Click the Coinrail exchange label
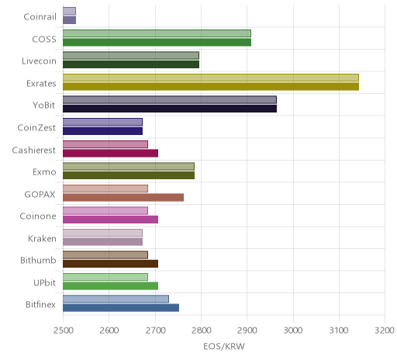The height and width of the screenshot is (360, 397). pyautogui.click(x=40, y=17)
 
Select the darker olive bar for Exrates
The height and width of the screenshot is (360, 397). pyautogui.click(x=211, y=87)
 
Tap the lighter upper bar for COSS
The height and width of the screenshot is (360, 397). pyautogui.click(x=157, y=33)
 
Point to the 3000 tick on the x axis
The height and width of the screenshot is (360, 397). pyautogui.click(x=293, y=331)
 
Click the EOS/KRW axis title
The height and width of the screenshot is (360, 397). pyautogui.click(x=224, y=346)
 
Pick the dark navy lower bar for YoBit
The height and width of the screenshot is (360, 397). pyautogui.click(x=170, y=109)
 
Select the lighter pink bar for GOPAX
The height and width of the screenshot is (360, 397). pyautogui.click(x=105, y=189)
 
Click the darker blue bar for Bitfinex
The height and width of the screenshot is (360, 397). pyautogui.click(x=121, y=308)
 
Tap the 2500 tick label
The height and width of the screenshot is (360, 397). pyautogui.click(x=63, y=331)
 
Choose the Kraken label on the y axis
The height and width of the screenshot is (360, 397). pyautogui.click(x=42, y=238)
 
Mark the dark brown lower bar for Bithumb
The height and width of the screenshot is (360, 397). pyautogui.click(x=111, y=264)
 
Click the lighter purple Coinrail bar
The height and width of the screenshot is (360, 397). pyautogui.click(x=69, y=11)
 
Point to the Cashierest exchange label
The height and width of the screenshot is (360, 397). pyautogui.click(x=34, y=150)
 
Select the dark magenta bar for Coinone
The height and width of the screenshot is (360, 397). pyautogui.click(x=111, y=220)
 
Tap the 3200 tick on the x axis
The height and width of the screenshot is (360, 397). pyautogui.click(x=385, y=331)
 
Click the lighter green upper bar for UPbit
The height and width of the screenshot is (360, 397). pyautogui.click(x=105, y=277)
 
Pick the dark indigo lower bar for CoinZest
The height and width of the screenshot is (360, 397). pyautogui.click(x=102, y=131)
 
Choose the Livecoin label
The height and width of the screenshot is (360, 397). pyautogui.click(x=39, y=61)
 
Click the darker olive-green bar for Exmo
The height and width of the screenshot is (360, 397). pyautogui.click(x=129, y=175)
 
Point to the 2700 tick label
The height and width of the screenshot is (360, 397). pyautogui.click(x=155, y=331)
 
